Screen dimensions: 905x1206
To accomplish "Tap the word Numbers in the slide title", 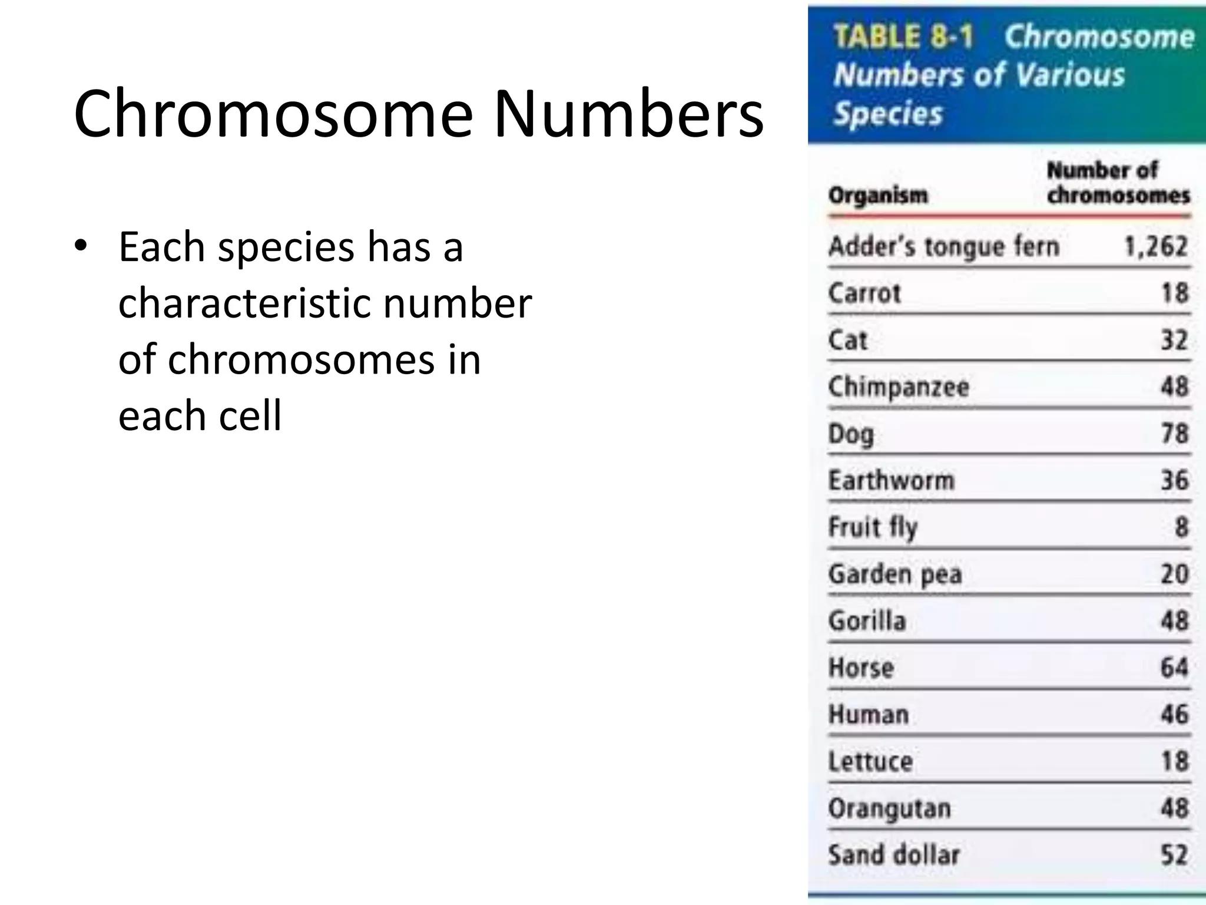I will [x=628, y=113].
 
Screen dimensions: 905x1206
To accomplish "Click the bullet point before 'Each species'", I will [x=81, y=245].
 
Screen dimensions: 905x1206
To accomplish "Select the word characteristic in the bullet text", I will [x=243, y=303].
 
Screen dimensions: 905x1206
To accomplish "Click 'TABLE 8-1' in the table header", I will [x=903, y=37].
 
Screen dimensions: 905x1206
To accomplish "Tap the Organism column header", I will [x=877, y=194].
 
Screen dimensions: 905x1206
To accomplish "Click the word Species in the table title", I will [x=888, y=114].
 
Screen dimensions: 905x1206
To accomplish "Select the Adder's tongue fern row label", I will [x=943, y=246].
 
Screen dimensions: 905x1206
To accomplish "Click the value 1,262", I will [x=1155, y=246].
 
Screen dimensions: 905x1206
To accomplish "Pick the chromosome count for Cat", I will [x=1174, y=340].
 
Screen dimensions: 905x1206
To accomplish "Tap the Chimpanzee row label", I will [x=898, y=387].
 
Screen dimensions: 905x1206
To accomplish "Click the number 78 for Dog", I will [x=1174, y=434].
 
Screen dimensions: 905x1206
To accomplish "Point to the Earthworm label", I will [x=891, y=480].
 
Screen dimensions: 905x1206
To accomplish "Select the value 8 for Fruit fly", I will [x=1181, y=527].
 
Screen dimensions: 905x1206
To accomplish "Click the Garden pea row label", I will [x=894, y=574].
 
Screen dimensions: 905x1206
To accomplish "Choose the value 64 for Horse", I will [x=1174, y=668].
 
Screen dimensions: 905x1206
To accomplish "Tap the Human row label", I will [x=869, y=715].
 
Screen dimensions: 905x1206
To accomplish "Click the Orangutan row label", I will [x=889, y=808].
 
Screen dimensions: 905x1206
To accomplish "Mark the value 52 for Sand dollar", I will [x=1174, y=855].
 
